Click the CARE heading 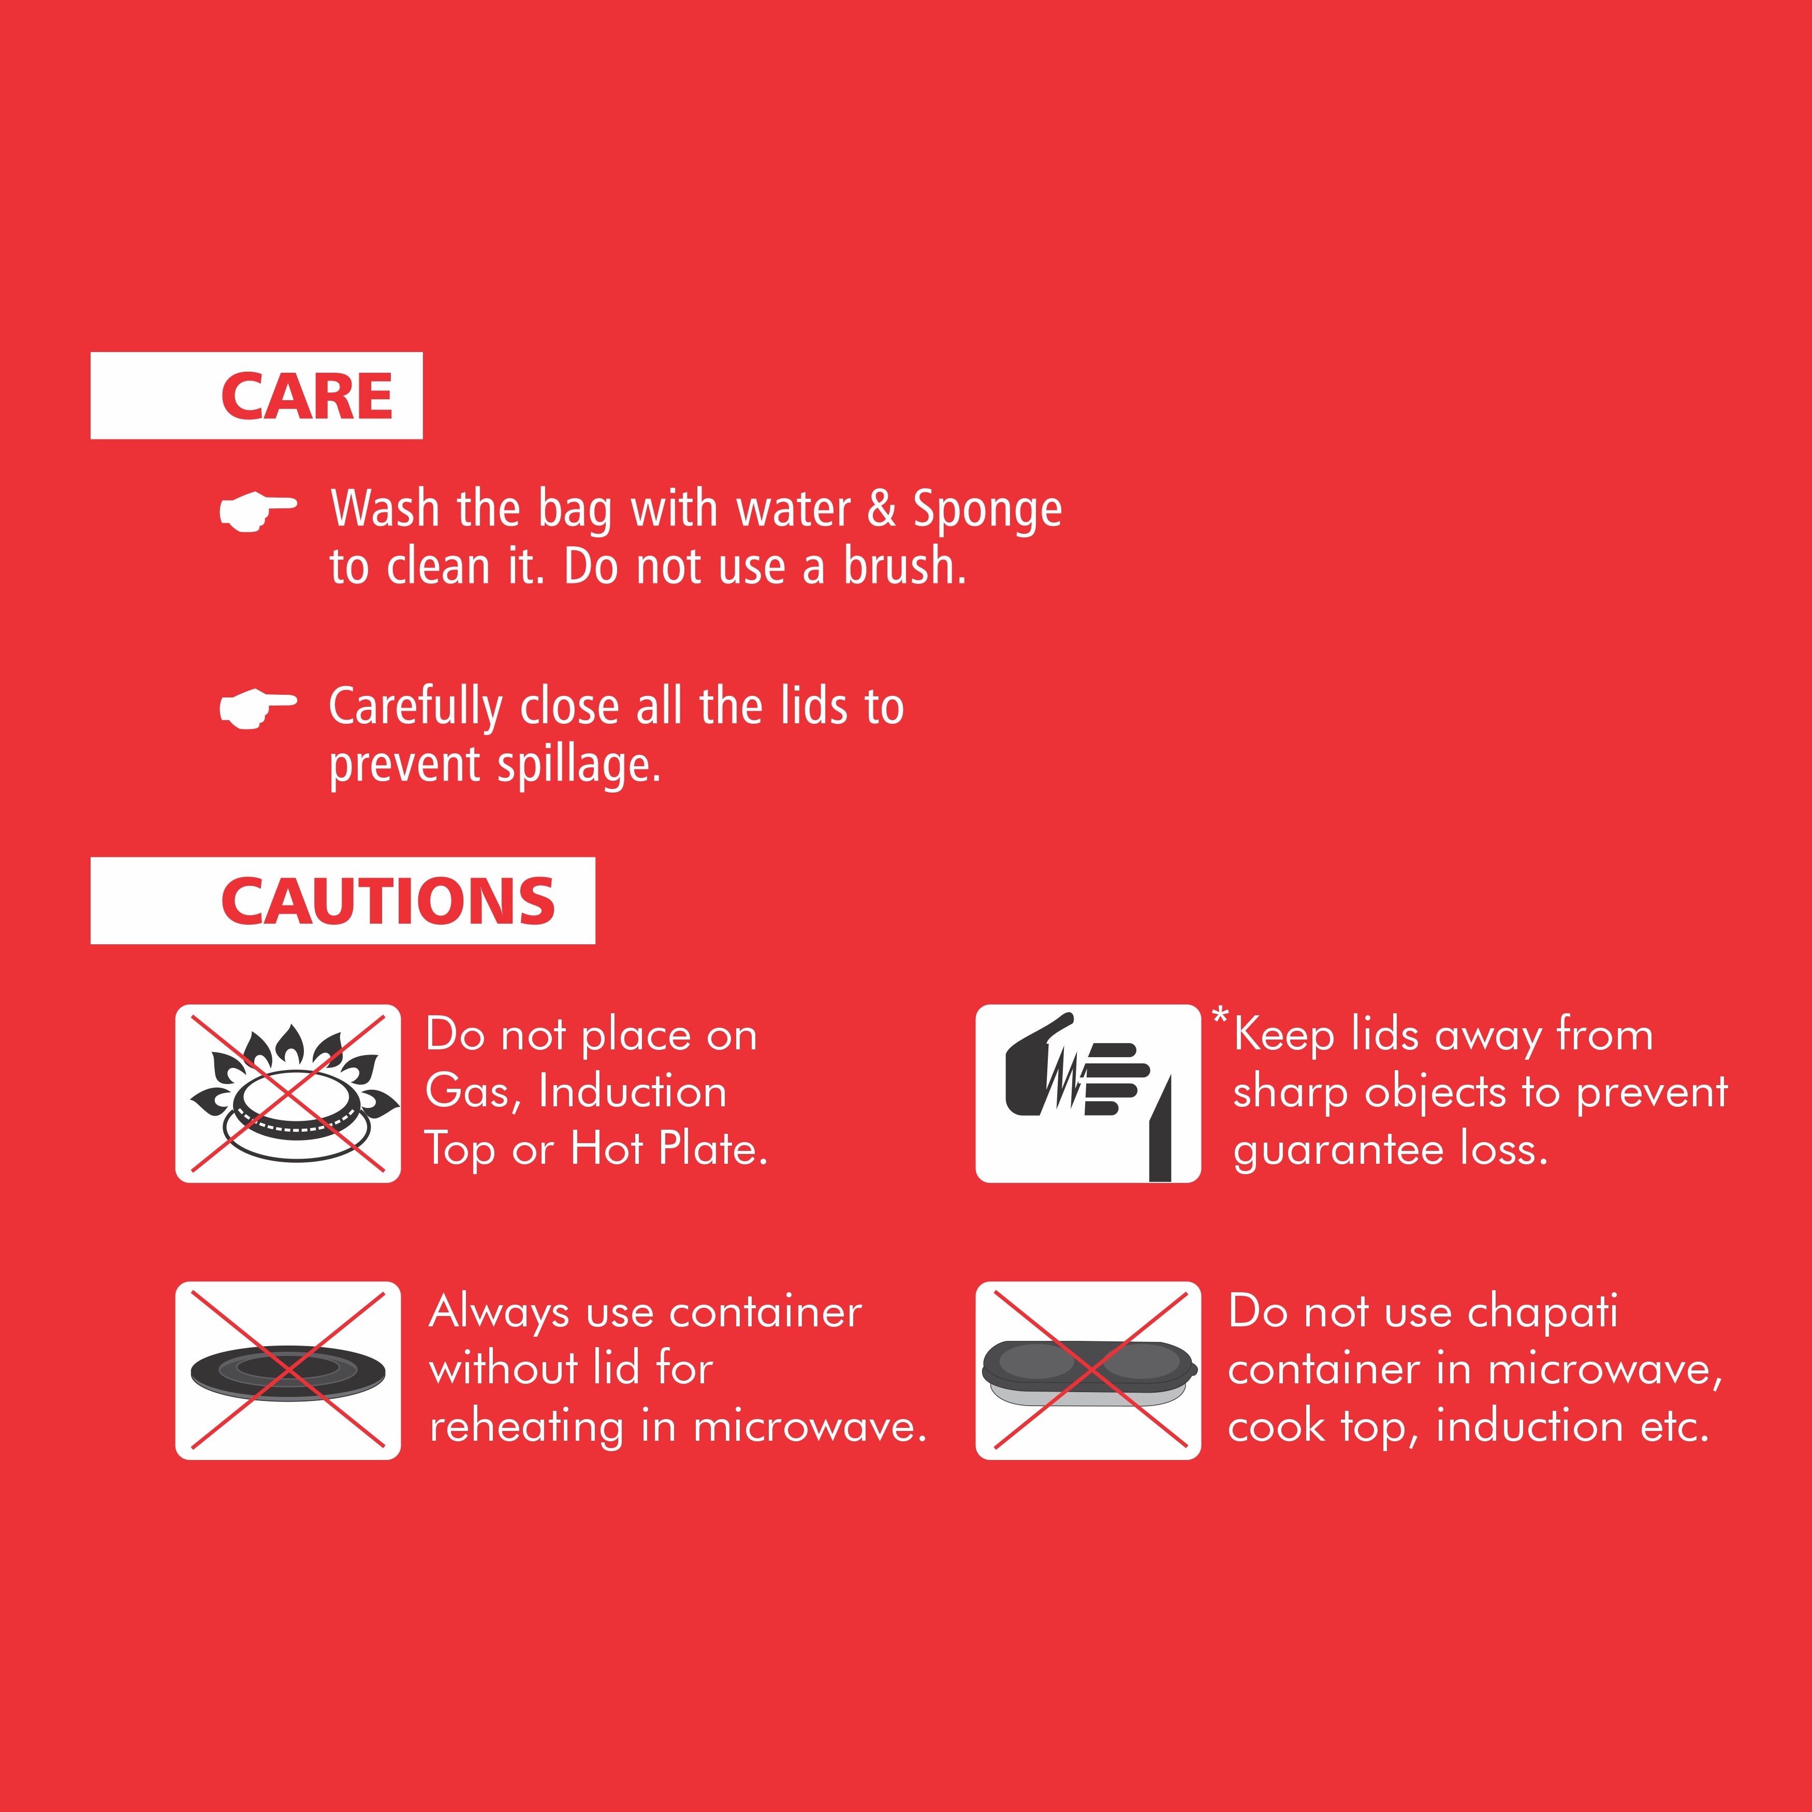pos(306,396)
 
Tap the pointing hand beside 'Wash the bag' pos(258,511)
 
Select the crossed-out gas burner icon pos(288,1093)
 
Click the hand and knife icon pos(1088,1093)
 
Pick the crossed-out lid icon pos(288,1370)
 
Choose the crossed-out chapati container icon pos(1088,1370)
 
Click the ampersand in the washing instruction pos(882,509)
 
